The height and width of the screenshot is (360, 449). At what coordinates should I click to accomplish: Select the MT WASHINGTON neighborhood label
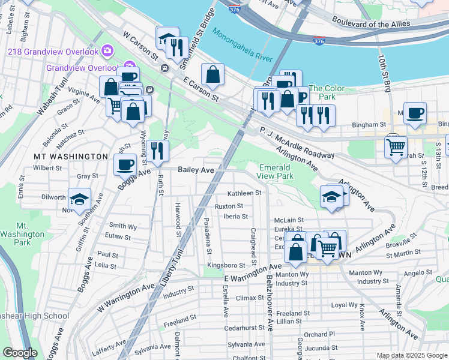(x=70, y=157)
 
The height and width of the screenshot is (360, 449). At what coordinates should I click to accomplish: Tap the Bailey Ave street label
(x=196, y=170)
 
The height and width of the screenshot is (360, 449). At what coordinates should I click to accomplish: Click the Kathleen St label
(x=244, y=193)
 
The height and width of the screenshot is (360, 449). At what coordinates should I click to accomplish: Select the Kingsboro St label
(x=226, y=265)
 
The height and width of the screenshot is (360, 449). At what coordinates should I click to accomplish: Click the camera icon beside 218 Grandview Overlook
(x=107, y=50)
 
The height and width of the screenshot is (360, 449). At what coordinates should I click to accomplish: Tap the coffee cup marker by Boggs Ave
(x=125, y=163)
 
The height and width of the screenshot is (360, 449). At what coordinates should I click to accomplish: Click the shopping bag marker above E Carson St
(x=212, y=74)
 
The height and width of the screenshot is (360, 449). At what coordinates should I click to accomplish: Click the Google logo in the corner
(x=20, y=353)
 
